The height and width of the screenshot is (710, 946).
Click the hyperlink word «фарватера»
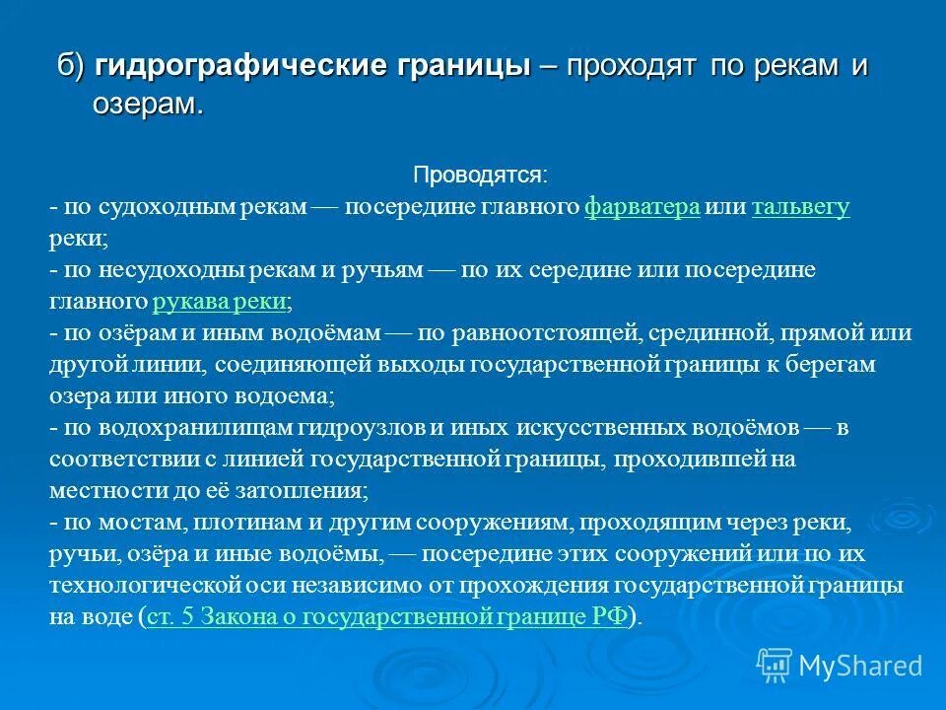[642, 207]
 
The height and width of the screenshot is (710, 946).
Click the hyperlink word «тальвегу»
[800, 207]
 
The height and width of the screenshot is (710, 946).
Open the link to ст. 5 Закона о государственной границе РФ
[386, 616]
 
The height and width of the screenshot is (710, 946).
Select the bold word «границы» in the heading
[451, 68]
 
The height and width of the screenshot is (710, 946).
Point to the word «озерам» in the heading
[148, 104]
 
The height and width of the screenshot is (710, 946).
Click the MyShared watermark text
[860, 666]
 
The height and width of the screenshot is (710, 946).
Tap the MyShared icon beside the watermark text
[775, 665]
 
